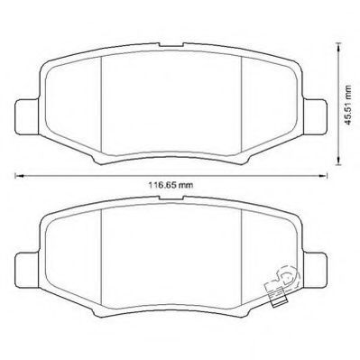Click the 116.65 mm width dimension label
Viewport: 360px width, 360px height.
tap(171, 185)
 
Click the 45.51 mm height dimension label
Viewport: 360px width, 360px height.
tap(348, 105)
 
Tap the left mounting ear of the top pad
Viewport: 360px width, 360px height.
tap(27, 116)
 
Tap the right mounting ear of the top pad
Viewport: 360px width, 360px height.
tap(315, 116)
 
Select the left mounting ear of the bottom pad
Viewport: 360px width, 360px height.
tap(27, 270)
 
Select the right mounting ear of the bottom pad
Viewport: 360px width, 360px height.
tap(315, 270)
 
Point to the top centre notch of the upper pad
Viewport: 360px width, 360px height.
tap(171, 45)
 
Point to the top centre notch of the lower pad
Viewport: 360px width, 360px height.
tap(171, 198)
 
